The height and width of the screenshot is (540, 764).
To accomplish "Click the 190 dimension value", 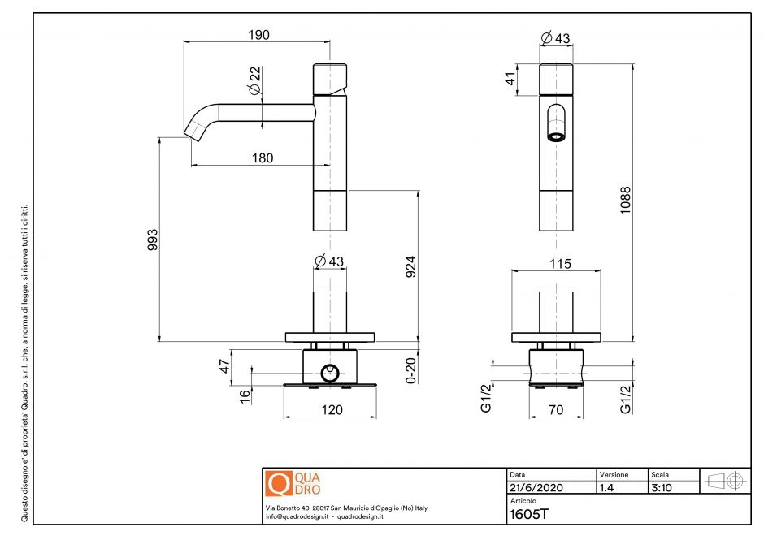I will pyautogui.click(x=258, y=34).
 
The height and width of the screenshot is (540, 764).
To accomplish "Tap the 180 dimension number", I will pyautogui.click(x=262, y=158).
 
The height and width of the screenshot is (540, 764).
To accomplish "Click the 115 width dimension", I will pyautogui.click(x=560, y=264).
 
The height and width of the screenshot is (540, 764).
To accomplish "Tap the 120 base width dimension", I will pyautogui.click(x=331, y=410).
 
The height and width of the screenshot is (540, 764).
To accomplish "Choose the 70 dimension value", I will pyautogui.click(x=556, y=410).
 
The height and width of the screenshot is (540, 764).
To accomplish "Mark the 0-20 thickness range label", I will pyautogui.click(x=411, y=369).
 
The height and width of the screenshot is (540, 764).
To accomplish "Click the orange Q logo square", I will pyautogui.click(x=278, y=484).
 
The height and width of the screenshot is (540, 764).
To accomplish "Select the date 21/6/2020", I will pyautogui.click(x=534, y=488).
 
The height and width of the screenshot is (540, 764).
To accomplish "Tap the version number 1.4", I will pyautogui.click(x=606, y=488).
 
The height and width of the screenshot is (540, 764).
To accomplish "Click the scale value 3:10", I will pyautogui.click(x=661, y=488).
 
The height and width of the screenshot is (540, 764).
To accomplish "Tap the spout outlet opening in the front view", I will pyautogui.click(x=555, y=136).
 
